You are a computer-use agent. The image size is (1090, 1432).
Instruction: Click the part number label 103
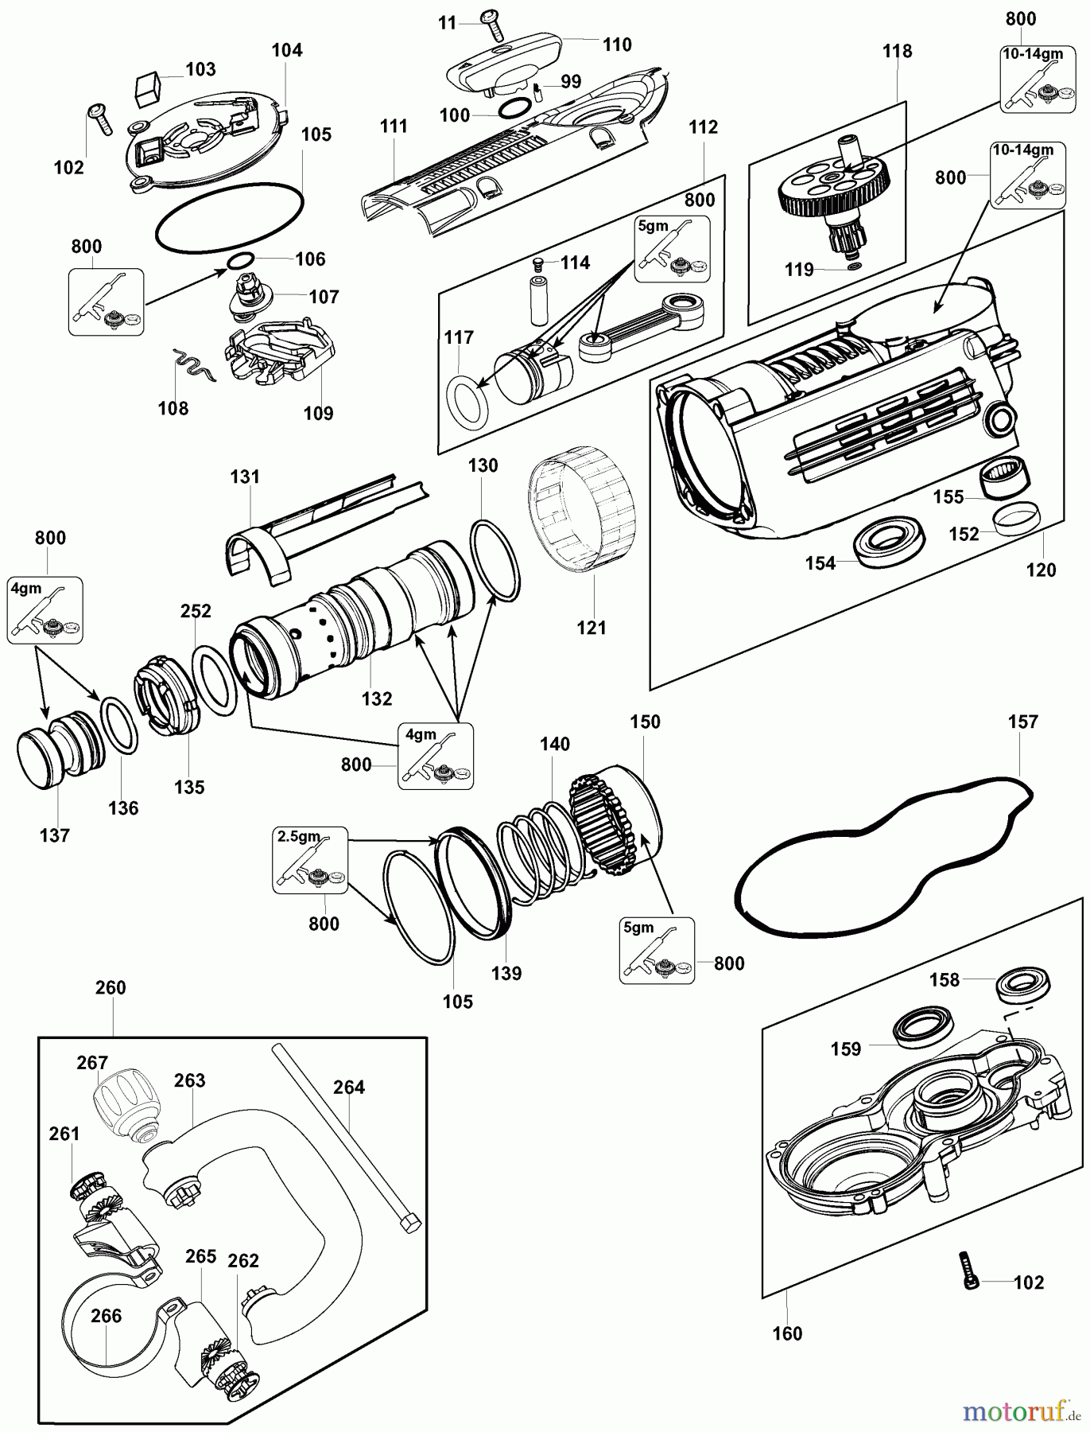click(x=200, y=69)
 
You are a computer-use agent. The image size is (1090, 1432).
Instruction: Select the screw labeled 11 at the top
click(x=491, y=23)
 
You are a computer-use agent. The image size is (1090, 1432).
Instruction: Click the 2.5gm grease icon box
click(x=310, y=859)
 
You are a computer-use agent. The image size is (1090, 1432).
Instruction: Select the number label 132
click(x=376, y=698)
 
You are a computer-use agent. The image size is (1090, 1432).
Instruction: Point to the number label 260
click(x=111, y=987)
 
